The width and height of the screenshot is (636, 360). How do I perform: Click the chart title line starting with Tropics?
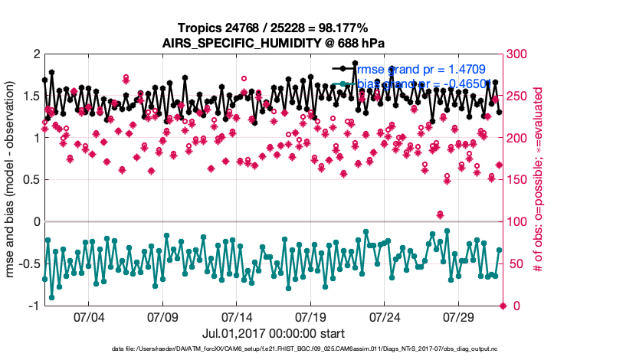click(274, 28)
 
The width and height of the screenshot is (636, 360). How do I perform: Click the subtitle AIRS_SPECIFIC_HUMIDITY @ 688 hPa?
click(274, 43)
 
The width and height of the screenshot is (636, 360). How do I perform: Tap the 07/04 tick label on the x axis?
click(88, 316)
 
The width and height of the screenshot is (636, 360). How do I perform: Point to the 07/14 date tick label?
click(237, 316)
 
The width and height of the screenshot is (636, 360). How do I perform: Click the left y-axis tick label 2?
click(35, 54)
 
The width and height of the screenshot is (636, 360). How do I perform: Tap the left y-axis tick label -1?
click(33, 306)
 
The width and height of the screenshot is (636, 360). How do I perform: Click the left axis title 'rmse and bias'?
click(12, 180)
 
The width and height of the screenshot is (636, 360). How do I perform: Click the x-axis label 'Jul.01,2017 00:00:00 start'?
click(274, 333)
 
